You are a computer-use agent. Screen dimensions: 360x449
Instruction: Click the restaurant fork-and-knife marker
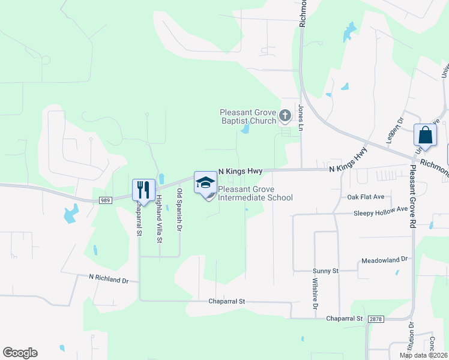click(x=142, y=190)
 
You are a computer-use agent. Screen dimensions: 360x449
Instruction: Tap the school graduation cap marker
click(x=205, y=182)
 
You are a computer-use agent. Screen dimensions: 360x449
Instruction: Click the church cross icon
click(x=285, y=115)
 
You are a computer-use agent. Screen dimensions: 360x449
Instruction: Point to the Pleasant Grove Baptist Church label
click(x=247, y=116)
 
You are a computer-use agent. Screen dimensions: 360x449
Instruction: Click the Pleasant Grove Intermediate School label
click(x=255, y=193)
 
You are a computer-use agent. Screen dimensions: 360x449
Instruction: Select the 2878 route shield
click(x=376, y=319)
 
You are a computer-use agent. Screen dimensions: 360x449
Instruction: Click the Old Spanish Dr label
click(x=179, y=210)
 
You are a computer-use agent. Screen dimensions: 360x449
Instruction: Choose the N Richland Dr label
click(x=109, y=279)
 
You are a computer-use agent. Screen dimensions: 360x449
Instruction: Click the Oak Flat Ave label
click(x=366, y=197)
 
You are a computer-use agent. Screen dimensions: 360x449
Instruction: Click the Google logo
click(x=20, y=353)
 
